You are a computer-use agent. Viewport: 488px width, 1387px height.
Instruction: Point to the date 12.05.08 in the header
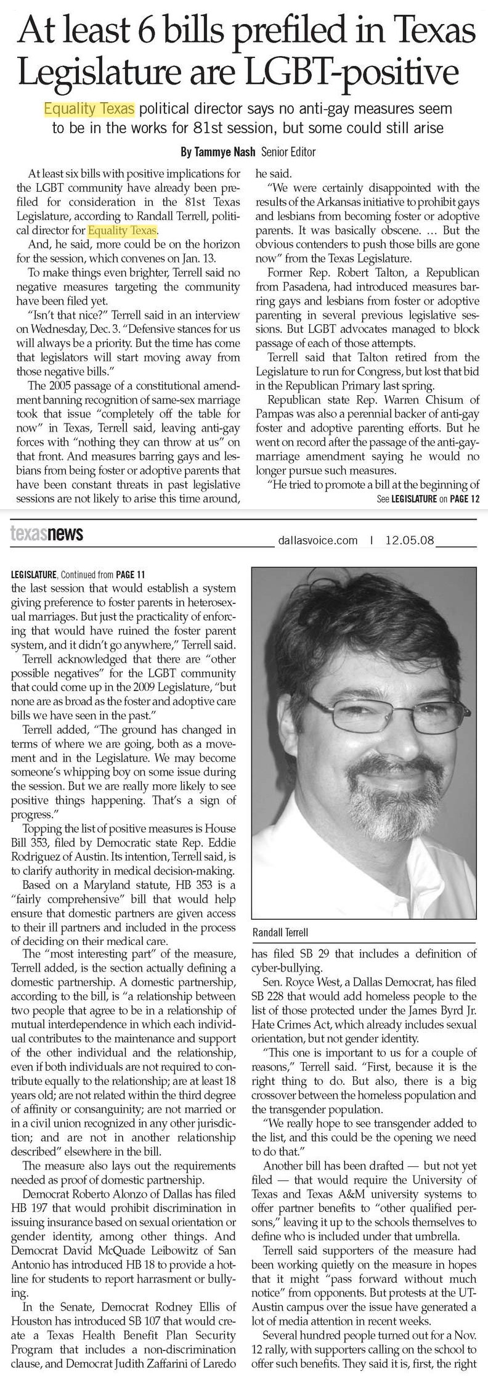click(x=410, y=541)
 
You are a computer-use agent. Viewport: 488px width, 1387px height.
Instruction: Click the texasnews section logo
click(x=47, y=534)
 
